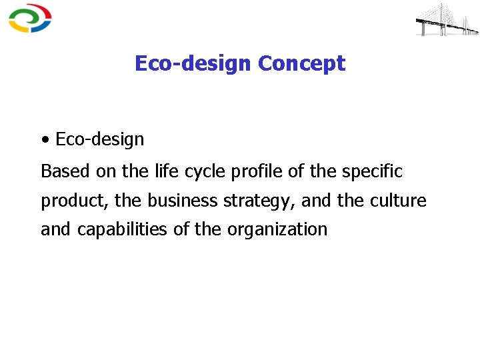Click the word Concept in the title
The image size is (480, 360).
[x=301, y=63]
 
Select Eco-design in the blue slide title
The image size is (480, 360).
[x=193, y=63]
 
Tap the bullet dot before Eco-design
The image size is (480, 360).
[x=45, y=140]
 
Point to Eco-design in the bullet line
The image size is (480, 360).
[x=100, y=139]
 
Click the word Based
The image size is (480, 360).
[x=65, y=171]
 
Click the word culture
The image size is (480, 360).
[x=399, y=200]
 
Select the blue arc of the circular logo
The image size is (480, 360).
[x=45, y=25]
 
